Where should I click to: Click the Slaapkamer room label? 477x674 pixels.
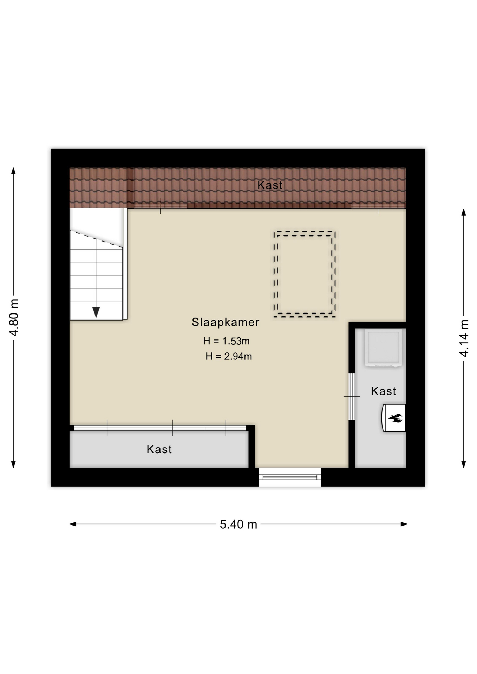(x=226, y=322)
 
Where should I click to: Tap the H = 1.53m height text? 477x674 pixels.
(x=226, y=341)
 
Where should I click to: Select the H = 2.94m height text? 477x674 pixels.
(x=229, y=356)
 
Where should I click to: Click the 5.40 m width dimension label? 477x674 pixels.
(x=238, y=524)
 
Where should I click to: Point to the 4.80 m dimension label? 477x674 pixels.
(x=14, y=318)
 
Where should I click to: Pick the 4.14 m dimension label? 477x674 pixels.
(x=464, y=338)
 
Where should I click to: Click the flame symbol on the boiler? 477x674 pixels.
(x=395, y=418)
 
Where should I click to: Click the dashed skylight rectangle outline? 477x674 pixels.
(x=305, y=232)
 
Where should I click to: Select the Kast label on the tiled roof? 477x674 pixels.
(x=270, y=185)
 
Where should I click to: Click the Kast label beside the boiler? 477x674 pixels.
(x=384, y=391)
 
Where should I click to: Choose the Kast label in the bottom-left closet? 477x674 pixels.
(x=159, y=449)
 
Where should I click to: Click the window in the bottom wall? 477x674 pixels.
(x=290, y=477)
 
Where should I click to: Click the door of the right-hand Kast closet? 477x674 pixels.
(x=352, y=396)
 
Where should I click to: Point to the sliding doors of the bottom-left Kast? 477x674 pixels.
(x=160, y=428)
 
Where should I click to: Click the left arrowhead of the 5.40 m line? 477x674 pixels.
(x=73, y=524)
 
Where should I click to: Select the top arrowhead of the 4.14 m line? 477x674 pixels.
(x=464, y=212)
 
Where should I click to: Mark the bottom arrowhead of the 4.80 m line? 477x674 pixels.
(x=14, y=464)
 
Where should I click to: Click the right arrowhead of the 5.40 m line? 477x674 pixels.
(x=404, y=524)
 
